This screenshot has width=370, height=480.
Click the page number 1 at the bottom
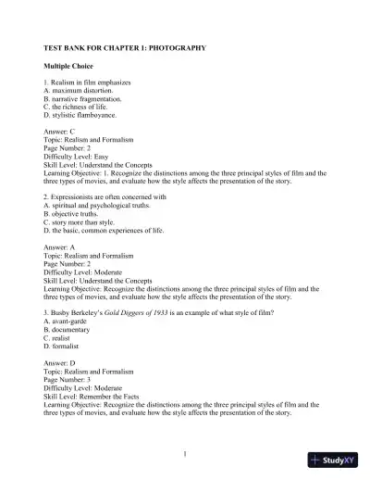click(x=185, y=452)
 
